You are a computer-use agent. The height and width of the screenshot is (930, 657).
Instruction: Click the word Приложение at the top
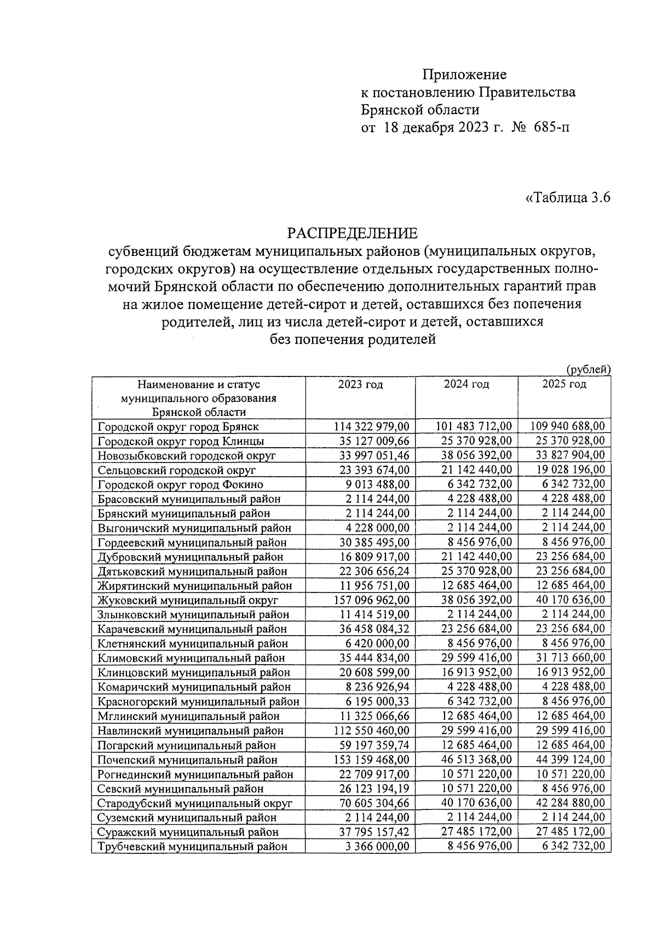click(464, 75)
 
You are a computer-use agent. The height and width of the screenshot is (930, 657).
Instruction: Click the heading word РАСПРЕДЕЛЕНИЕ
click(353, 233)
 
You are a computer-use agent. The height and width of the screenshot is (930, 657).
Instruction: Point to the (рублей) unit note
click(588, 370)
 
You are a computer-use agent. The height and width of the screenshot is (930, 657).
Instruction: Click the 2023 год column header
click(360, 385)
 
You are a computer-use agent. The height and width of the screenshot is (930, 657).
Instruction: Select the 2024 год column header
click(466, 385)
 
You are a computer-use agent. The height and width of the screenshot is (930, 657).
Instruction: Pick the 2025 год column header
click(564, 385)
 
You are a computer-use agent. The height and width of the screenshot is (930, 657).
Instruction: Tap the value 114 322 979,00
click(371, 426)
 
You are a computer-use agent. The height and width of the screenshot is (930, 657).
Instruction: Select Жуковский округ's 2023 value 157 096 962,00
click(371, 600)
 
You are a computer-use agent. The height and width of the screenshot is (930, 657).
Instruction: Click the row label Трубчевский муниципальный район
click(192, 847)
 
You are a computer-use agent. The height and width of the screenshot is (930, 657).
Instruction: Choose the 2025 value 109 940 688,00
click(568, 426)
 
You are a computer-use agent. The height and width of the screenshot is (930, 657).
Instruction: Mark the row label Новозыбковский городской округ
click(187, 456)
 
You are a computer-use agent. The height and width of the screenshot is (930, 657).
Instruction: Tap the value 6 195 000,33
click(378, 701)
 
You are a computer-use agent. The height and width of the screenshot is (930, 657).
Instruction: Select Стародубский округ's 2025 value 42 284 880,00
click(570, 803)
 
